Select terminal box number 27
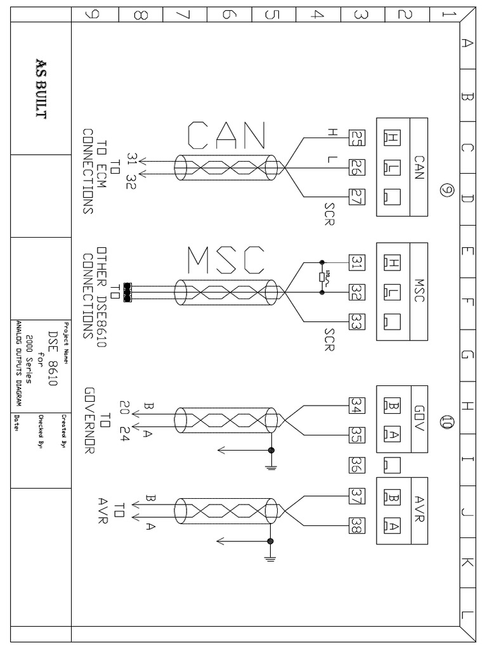(x=356, y=198)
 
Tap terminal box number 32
(x=356, y=292)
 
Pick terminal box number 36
(x=356, y=466)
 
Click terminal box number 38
(x=356, y=525)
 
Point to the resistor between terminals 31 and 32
(x=322, y=277)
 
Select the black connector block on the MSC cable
(x=128, y=292)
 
